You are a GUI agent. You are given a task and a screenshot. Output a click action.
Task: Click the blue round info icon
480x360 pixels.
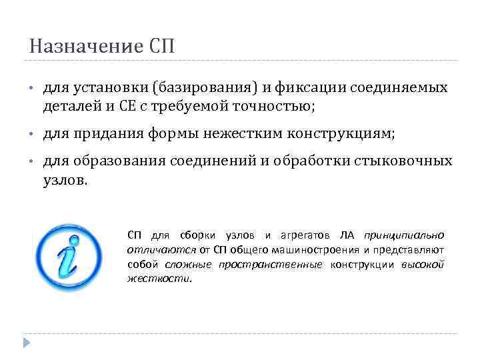coord(68,259)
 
